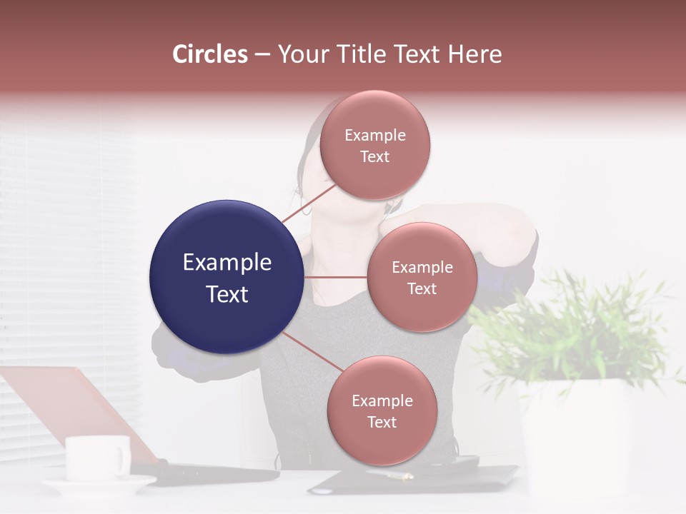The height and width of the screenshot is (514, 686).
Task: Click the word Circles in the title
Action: tap(210, 54)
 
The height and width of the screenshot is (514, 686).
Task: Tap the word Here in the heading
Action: tap(475, 54)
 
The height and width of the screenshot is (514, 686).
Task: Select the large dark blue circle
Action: tap(227, 277)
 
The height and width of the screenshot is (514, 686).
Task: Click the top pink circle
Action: tap(374, 145)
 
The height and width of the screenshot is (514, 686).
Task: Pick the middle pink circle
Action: tap(422, 277)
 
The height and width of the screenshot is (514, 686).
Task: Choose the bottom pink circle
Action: tap(382, 410)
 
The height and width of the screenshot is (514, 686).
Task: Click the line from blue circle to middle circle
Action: tap(335, 277)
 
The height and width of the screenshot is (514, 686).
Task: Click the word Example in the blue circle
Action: tap(227, 263)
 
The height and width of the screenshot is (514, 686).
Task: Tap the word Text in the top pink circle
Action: tap(374, 156)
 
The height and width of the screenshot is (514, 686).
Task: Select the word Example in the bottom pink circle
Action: tap(382, 400)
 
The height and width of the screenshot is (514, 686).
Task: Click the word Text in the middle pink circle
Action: tap(422, 288)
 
